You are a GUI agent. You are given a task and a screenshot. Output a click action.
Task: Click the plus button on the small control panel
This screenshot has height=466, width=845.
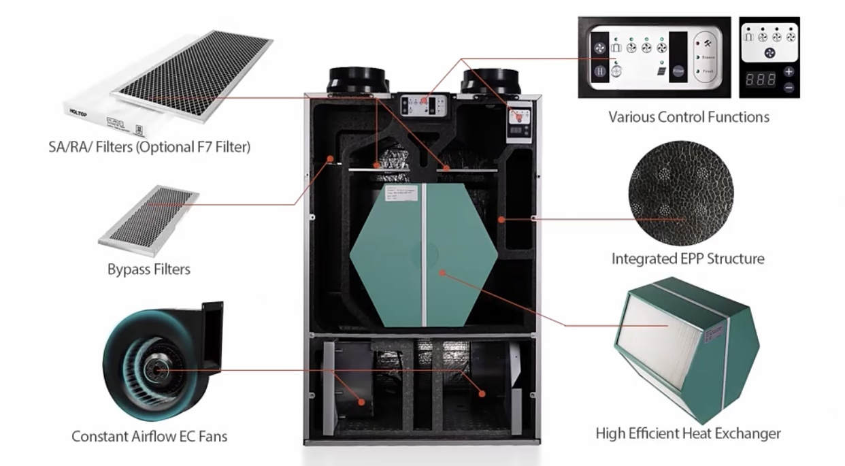pyautogui.click(x=789, y=71)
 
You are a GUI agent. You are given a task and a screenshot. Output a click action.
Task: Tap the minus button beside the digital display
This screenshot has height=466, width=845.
pyautogui.click(x=789, y=87)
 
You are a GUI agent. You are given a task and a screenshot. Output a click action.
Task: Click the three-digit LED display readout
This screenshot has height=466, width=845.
pyautogui.click(x=761, y=79)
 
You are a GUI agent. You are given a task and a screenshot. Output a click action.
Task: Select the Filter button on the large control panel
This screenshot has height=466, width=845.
pyautogui.click(x=678, y=69)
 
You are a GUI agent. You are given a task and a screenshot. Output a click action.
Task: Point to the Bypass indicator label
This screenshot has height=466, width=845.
pyautogui.click(x=706, y=59)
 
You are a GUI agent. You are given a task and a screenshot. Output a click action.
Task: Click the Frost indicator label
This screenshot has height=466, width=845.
pyautogui.click(x=705, y=71)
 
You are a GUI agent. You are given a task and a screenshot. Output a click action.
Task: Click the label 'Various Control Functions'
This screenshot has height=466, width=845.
pyautogui.click(x=689, y=117)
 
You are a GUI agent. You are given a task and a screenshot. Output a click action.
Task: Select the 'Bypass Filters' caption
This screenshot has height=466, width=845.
pyautogui.click(x=149, y=269)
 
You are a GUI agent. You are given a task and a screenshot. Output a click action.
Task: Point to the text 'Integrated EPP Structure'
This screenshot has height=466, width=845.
pyautogui.click(x=688, y=259)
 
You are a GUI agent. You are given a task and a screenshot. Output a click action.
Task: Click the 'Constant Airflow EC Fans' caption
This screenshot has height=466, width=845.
pyautogui.click(x=150, y=436)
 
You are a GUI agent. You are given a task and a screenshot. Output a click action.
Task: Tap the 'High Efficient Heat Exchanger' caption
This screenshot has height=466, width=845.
pyautogui.click(x=688, y=433)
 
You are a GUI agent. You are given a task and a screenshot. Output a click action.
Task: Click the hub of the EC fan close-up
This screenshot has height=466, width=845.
pyautogui.click(x=159, y=370)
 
